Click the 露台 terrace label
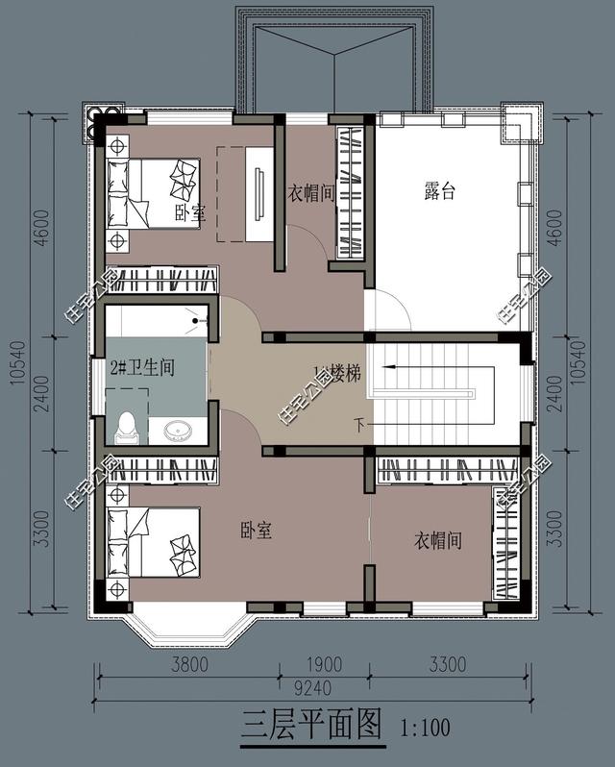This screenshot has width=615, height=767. pyautogui.click(x=439, y=191)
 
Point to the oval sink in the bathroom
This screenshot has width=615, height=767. pyautogui.click(x=177, y=430)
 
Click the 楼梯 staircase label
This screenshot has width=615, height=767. pyautogui.click(x=339, y=374)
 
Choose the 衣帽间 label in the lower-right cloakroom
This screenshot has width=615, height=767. pyautogui.click(x=438, y=541)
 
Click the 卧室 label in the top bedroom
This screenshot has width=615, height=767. pyautogui.click(x=189, y=212)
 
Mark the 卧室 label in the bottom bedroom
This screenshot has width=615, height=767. pyautogui.click(x=256, y=530)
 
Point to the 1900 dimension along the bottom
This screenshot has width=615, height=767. pyautogui.click(x=325, y=664)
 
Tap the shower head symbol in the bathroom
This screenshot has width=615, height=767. pyautogui.click(x=200, y=319)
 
